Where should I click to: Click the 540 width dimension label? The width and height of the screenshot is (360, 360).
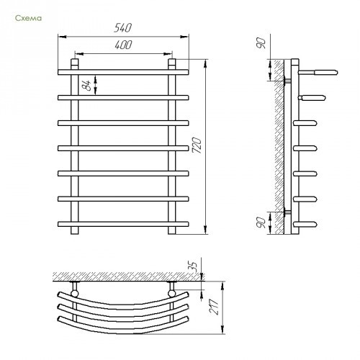click(122, 28)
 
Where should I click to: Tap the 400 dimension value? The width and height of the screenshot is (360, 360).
click(123, 45)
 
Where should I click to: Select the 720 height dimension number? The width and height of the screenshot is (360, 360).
click(197, 145)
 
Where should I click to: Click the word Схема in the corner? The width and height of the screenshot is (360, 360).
click(28, 18)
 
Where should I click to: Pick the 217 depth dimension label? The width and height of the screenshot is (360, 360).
click(214, 307)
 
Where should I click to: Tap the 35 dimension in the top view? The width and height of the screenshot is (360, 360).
click(193, 266)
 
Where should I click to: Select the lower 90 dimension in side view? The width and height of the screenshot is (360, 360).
click(261, 222)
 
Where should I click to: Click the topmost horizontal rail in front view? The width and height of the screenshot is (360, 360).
click(123, 72)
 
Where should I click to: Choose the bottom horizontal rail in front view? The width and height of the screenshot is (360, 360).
click(123, 224)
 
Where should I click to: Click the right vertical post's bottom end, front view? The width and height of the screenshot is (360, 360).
click(172, 230)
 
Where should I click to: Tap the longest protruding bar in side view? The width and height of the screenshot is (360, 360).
click(318, 72)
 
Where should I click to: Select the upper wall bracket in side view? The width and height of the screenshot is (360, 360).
click(287, 81)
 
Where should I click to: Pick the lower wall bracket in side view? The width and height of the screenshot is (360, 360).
click(287, 212)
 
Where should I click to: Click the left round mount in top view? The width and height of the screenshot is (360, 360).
click(75, 294)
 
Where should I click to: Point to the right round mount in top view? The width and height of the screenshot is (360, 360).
click(172, 294)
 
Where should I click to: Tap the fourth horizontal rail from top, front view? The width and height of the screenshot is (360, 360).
click(123, 148)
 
